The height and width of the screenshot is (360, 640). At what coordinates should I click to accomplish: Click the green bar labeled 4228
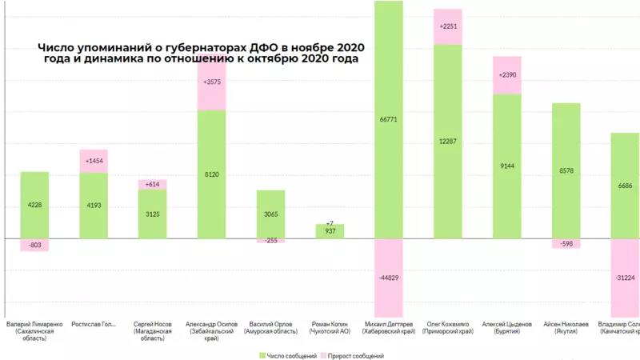pyautogui.click(x=34, y=205)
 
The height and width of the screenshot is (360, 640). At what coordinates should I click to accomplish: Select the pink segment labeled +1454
pyautogui.click(x=94, y=161)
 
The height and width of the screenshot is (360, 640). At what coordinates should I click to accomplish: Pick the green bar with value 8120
pyautogui.click(x=212, y=174)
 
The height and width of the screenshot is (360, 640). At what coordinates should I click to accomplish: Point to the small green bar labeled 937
pyautogui.click(x=330, y=231)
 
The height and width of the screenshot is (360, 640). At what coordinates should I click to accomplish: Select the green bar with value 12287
pyautogui.click(x=448, y=141)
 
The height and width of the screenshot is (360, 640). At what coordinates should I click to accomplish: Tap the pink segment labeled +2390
pyautogui.click(x=507, y=75)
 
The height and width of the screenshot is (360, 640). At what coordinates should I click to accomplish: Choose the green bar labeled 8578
pyautogui.click(x=566, y=170)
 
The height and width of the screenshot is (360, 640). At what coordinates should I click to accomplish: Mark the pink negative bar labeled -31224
pyautogui.click(x=625, y=278)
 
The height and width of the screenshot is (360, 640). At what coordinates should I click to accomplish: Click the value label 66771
pyautogui.click(x=389, y=119)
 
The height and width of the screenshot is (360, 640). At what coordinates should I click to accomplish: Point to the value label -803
pyautogui.click(x=34, y=245)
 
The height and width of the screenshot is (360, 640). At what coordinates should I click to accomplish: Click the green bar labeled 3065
pyautogui.click(x=271, y=214)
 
